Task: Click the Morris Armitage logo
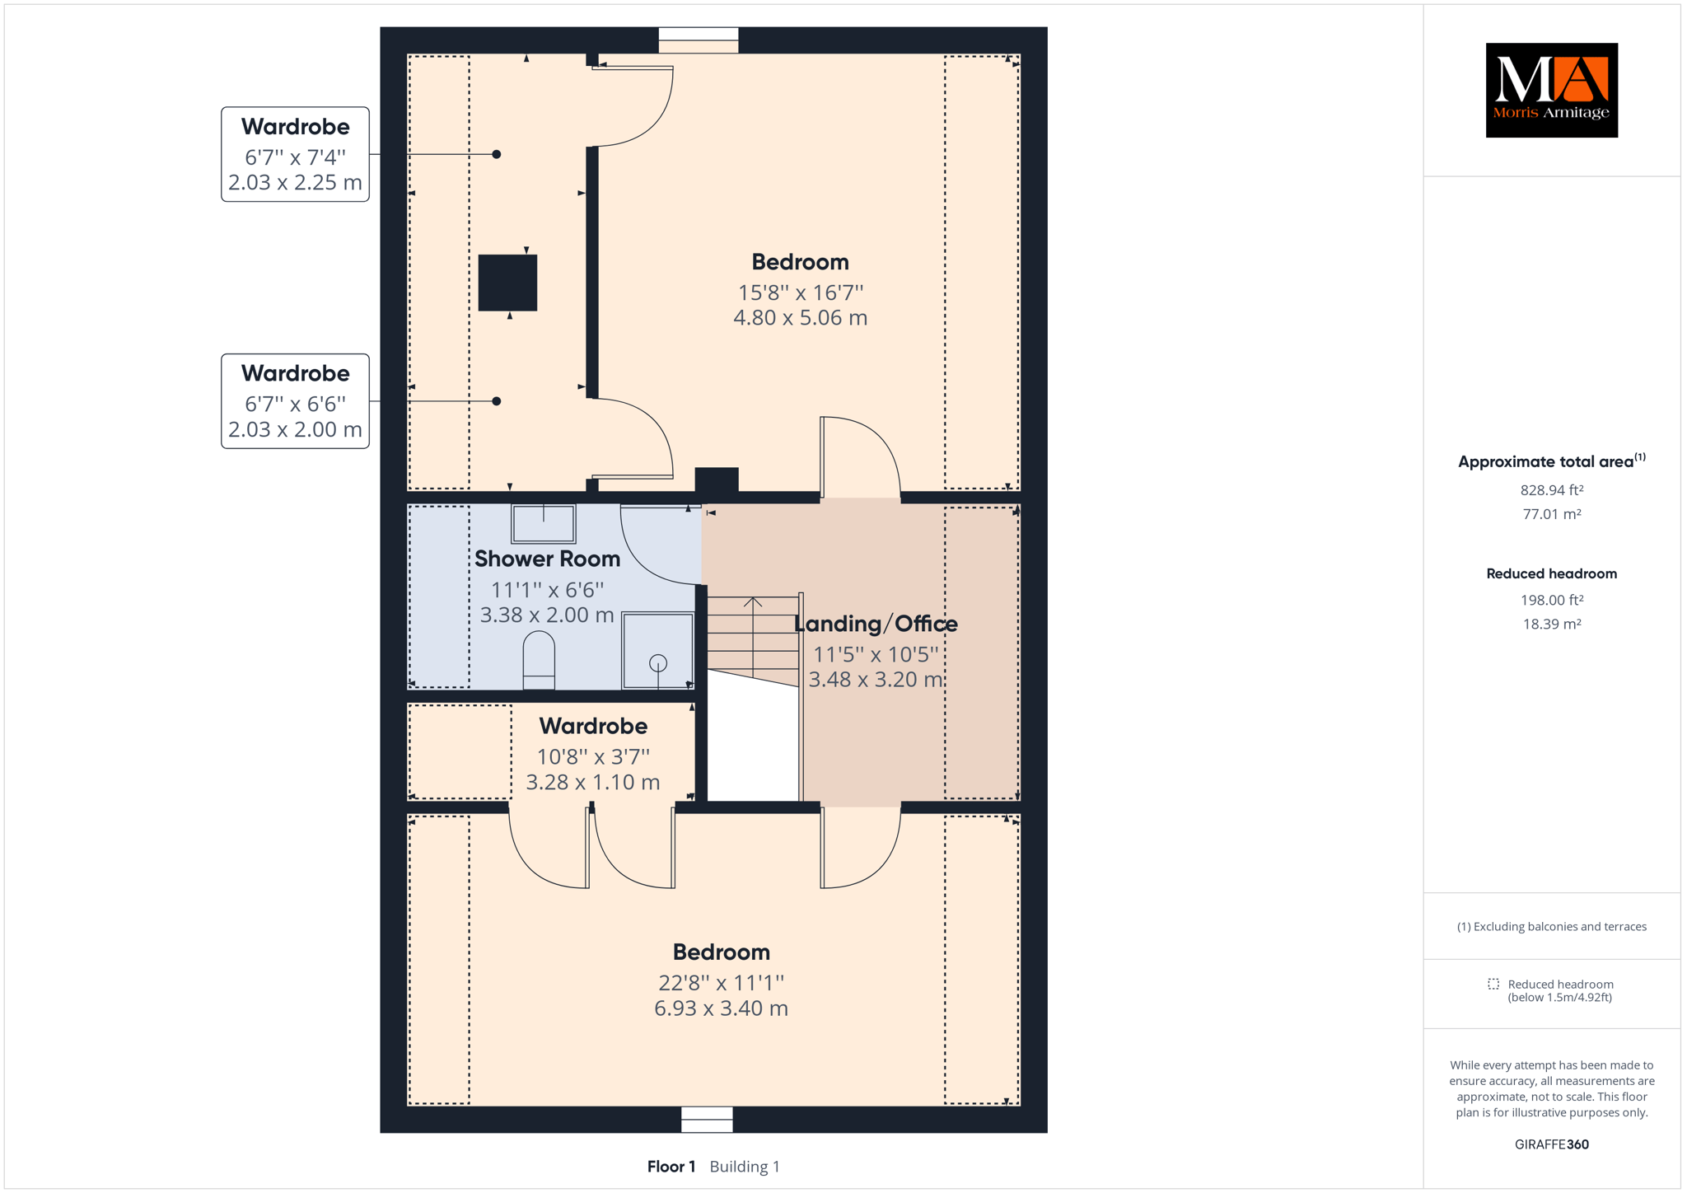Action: [1551, 90]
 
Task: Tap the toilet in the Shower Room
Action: [539, 660]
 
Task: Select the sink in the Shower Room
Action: [544, 523]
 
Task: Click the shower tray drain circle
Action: [658, 662]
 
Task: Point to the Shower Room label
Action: [547, 559]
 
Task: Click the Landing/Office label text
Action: [876, 624]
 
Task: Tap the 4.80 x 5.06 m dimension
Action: [800, 318]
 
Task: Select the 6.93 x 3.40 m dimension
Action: [721, 1008]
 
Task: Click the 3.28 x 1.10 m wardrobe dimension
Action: [593, 782]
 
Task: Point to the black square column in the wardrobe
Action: [507, 283]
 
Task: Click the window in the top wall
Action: [699, 40]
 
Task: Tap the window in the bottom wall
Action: [707, 1120]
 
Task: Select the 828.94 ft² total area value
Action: [1552, 490]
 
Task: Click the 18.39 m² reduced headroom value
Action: [1552, 625]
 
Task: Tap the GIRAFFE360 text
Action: [1552, 1144]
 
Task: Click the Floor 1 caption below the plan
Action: [671, 1167]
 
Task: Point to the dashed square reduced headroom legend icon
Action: [1493, 984]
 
